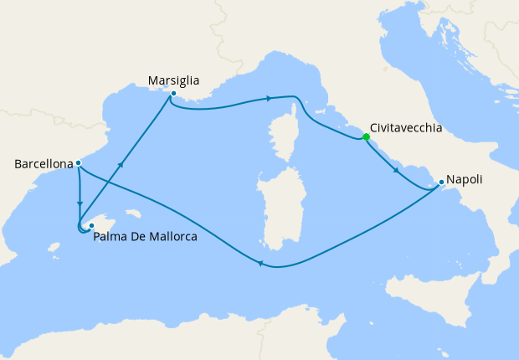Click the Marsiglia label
[173, 81]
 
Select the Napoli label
[465, 180]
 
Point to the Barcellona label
[44, 165]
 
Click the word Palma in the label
[111, 237]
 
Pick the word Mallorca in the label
[172, 237]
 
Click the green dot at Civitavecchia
[366, 137]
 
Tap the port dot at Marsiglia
[172, 94]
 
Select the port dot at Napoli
[441, 182]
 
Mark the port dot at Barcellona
[78, 163]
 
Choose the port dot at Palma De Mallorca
[91, 226]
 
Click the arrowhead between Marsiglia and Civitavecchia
[269, 99]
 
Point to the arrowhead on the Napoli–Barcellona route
[260, 265]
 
